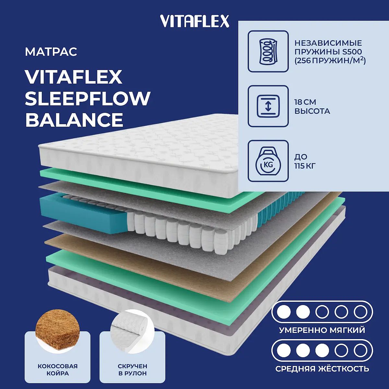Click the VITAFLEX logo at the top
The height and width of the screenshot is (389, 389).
point(194,21)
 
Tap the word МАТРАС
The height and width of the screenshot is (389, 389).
point(51,52)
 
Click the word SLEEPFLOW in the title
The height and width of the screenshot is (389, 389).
point(88,99)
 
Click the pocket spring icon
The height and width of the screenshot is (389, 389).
point(268,51)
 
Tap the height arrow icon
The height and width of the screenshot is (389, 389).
point(268,106)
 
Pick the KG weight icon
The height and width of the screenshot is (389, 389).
point(268,161)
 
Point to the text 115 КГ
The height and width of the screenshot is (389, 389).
point(305,166)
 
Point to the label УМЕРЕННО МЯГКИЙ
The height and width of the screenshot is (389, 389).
point(322,330)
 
